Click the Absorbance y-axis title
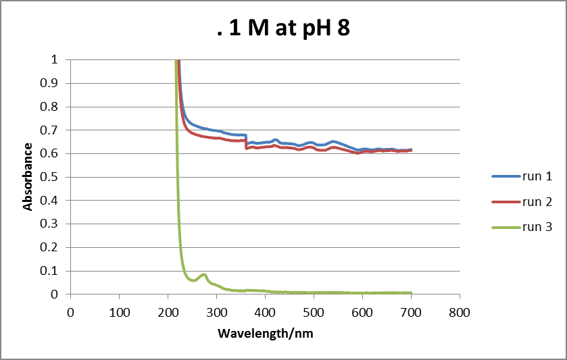click(28, 176)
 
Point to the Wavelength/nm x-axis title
click(266, 334)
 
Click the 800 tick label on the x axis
click(460, 313)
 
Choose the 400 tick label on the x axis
click(265, 313)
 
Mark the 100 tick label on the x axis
click(119, 313)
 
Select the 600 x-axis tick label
click(362, 313)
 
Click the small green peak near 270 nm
click(202, 274)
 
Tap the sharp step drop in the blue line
click(247, 139)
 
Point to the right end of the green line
click(411, 292)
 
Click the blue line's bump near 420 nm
click(275, 139)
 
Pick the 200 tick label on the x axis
click(168, 313)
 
